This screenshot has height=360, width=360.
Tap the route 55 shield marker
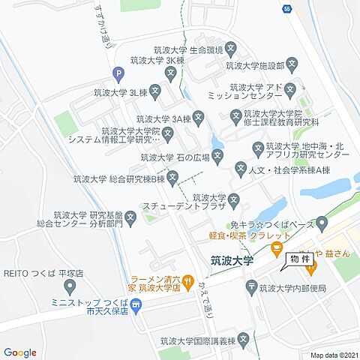[287, 8]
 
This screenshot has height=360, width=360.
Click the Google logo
[19, 352]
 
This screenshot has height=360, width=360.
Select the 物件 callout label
[293, 258]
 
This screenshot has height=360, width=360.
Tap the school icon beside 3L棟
[154, 93]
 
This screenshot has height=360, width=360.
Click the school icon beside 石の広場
[217, 157]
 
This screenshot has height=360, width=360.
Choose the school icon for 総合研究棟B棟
[172, 178]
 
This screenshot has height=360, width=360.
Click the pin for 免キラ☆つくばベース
[322, 222]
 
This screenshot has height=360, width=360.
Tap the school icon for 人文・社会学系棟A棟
[241, 169]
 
